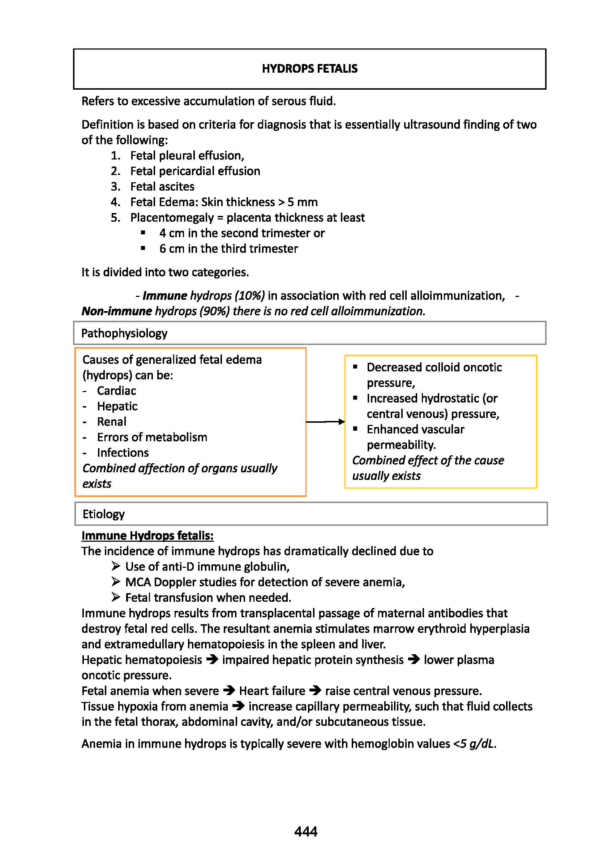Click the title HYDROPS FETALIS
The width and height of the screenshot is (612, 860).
309,69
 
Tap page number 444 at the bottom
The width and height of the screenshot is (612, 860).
305,831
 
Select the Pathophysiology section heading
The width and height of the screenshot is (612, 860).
124,333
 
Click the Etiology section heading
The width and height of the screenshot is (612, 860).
104,514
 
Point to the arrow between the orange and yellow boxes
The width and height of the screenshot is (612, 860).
325,422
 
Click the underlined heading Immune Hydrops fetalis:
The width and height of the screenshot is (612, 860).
147,535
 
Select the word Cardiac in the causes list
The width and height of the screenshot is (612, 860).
116,391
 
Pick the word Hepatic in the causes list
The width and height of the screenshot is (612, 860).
117,406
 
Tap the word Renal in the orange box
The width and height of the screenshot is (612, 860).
112,422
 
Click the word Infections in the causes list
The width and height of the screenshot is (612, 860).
123,452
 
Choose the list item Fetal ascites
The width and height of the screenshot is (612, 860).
162,187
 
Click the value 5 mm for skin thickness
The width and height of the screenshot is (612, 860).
302,202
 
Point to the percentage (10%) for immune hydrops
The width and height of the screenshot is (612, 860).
249,295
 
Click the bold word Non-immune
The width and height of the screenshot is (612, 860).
117,311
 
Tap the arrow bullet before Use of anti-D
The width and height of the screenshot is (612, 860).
116,566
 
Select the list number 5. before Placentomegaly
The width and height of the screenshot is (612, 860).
115,218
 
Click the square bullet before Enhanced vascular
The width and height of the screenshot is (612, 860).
355,429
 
